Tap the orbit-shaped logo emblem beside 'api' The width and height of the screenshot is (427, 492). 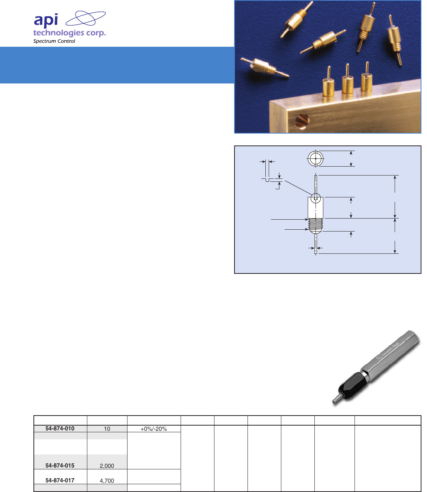tap(85, 19)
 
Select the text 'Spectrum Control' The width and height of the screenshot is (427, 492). tap(54, 41)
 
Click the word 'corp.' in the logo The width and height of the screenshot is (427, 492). tap(96, 33)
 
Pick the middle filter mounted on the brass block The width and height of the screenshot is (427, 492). tap(347, 83)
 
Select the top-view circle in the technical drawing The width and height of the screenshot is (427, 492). tap(316, 159)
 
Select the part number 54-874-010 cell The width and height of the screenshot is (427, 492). tap(60, 429)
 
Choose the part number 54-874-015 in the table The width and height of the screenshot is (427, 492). tap(60, 466)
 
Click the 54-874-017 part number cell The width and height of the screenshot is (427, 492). tap(60, 480)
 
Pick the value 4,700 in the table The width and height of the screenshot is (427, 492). tap(107, 480)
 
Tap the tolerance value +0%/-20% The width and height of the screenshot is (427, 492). tap(153, 429)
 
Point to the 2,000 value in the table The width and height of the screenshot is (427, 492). tap(107, 466)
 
